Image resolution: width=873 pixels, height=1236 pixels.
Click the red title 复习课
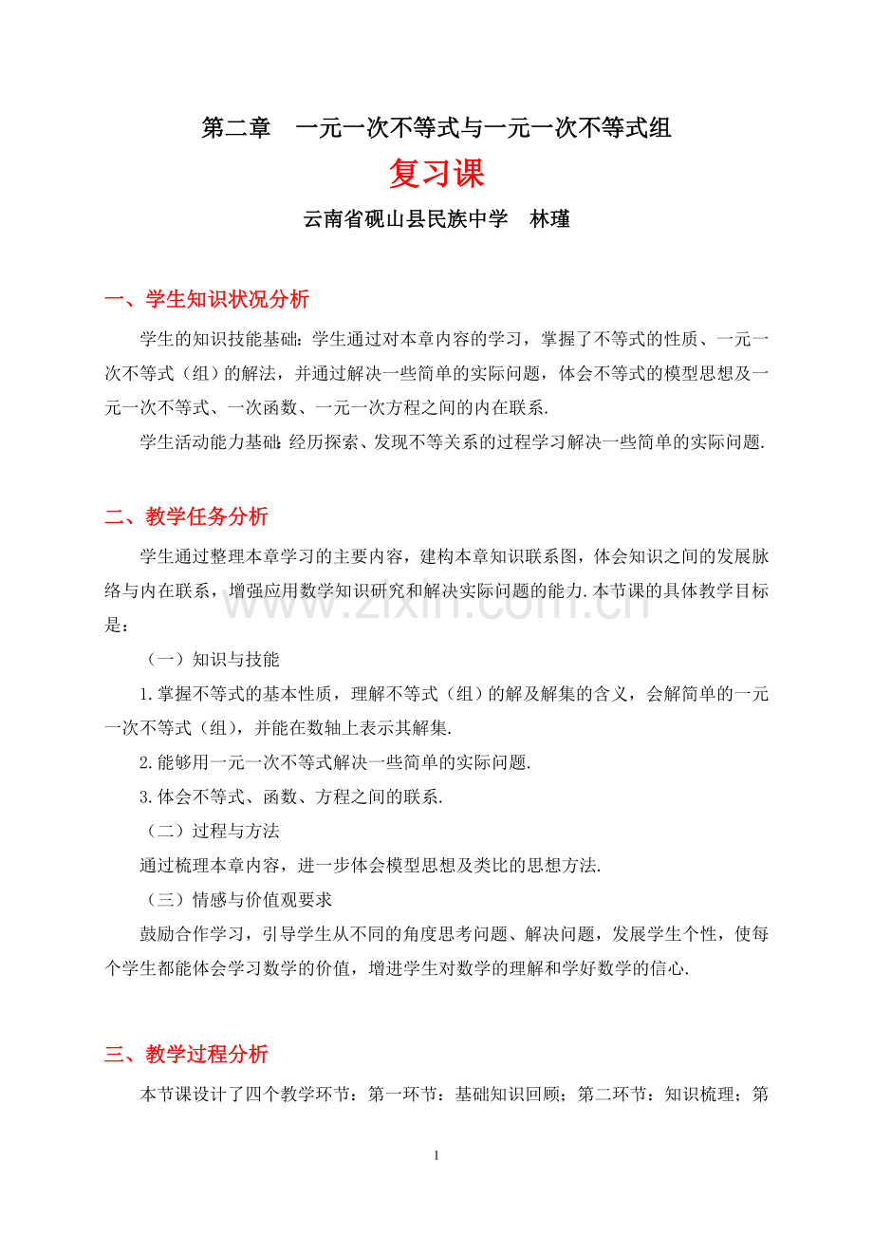coord(436,174)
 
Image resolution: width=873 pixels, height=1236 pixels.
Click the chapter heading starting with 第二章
coord(436,128)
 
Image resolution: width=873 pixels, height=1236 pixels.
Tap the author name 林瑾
coord(549,219)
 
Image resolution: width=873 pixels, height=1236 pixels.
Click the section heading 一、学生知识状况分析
coord(207,300)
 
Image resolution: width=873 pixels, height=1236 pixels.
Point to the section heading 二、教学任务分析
coord(186,516)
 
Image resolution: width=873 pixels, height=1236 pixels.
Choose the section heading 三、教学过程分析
coord(186,1054)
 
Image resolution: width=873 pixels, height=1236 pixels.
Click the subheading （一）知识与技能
coord(210,659)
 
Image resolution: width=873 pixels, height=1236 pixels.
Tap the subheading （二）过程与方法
coord(210,831)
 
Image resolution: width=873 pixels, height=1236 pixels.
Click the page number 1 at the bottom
coord(436,1156)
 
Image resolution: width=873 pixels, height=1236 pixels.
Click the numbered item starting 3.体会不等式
coord(291,796)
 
